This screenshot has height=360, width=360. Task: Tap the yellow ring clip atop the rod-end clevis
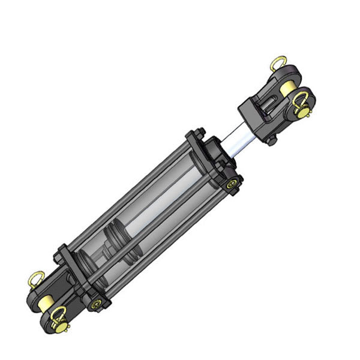pyautogui.click(x=278, y=62)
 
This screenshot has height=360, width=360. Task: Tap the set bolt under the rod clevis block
pyautogui.click(x=272, y=142)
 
